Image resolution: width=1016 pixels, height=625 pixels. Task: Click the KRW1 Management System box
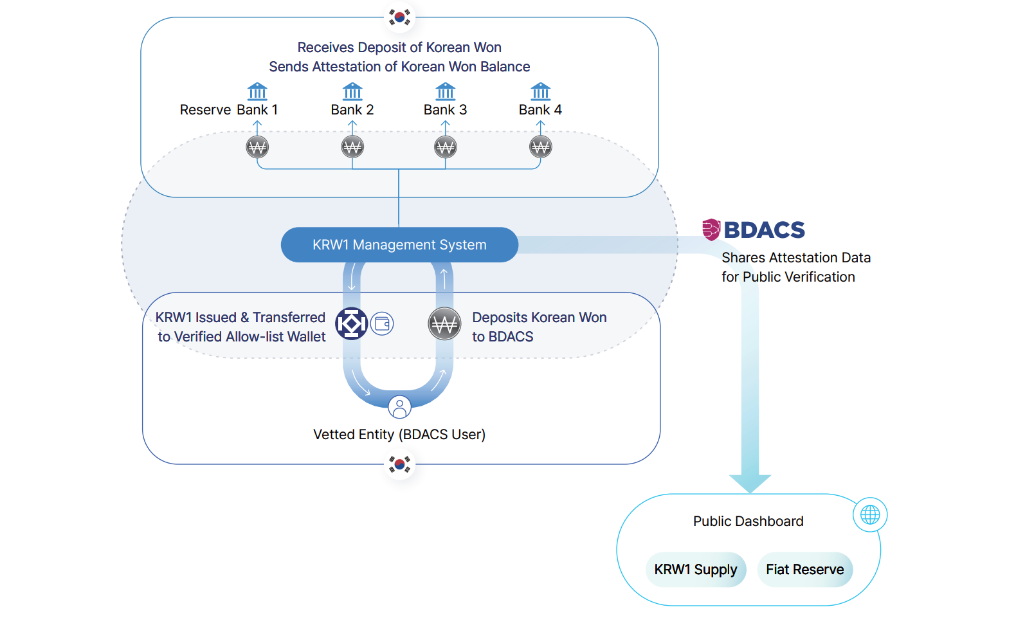click(399, 245)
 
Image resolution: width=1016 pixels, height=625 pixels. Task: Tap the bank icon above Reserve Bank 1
click(257, 91)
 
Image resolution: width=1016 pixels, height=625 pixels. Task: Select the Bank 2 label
click(352, 110)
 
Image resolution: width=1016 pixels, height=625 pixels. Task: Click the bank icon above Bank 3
click(445, 91)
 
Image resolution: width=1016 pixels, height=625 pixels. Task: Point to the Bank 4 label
click(540, 110)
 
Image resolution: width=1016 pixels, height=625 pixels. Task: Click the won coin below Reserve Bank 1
click(257, 147)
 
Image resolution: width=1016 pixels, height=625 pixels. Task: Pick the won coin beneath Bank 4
click(540, 147)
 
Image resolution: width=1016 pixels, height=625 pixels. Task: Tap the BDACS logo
click(753, 230)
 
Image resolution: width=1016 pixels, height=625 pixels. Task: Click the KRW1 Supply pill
click(695, 570)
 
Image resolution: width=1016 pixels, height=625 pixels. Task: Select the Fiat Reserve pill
click(804, 570)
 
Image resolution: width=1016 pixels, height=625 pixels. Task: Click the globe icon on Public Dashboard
click(870, 514)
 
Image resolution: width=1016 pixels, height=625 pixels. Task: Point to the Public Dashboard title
click(748, 521)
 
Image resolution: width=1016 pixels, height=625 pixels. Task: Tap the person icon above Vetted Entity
click(399, 407)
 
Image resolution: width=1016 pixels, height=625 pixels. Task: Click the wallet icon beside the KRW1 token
click(382, 323)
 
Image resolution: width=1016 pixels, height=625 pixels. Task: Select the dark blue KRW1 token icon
click(352, 323)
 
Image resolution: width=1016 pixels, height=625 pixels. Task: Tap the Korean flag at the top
click(399, 17)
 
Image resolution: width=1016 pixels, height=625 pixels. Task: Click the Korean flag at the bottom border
click(399, 464)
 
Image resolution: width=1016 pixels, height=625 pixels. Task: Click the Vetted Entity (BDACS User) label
click(399, 435)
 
